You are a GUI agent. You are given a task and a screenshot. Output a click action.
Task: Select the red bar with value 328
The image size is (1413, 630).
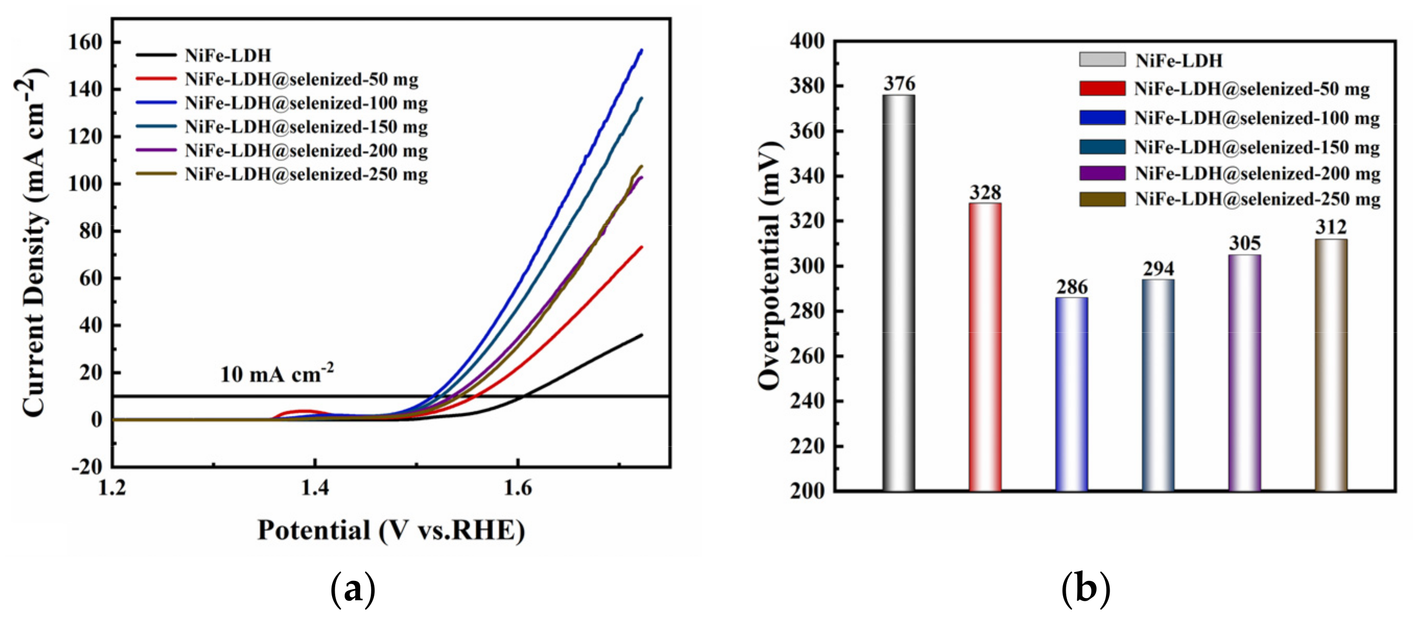click(x=985, y=347)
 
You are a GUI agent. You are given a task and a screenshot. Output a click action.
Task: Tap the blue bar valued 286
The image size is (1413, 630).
click(x=1071, y=394)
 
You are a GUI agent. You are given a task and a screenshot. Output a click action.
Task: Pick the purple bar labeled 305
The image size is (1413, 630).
click(x=1245, y=372)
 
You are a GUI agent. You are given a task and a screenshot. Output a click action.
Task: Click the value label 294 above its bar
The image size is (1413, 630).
click(x=1159, y=269)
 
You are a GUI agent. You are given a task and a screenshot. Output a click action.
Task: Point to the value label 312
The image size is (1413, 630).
click(x=1330, y=227)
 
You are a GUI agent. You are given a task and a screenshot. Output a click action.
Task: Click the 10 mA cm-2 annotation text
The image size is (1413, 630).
click(x=276, y=374)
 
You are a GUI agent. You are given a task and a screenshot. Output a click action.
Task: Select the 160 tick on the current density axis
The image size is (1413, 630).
click(x=85, y=42)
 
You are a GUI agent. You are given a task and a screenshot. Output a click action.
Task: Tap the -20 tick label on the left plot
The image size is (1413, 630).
click(x=87, y=466)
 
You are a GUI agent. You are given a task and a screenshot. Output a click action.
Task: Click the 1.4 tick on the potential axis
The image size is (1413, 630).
click(x=315, y=488)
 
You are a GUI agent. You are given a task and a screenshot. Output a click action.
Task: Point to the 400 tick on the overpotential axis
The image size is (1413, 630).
click(x=807, y=41)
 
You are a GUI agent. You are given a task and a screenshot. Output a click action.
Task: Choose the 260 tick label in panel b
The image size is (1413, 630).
click(x=807, y=356)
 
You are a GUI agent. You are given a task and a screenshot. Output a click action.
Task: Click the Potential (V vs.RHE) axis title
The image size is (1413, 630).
click(x=391, y=531)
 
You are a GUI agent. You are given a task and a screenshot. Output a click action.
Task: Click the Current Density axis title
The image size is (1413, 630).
click(x=33, y=241)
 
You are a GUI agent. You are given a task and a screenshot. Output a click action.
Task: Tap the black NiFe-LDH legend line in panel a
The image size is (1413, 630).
click(x=156, y=55)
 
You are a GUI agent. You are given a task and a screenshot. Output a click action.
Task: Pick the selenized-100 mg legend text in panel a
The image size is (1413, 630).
click(x=306, y=103)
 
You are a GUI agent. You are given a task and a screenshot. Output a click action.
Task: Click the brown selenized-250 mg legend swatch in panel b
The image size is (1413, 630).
click(x=1102, y=199)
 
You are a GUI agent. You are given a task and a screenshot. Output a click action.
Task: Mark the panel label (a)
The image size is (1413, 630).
click(x=352, y=589)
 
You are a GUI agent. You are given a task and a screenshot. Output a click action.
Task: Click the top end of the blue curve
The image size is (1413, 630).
click(x=641, y=51)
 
